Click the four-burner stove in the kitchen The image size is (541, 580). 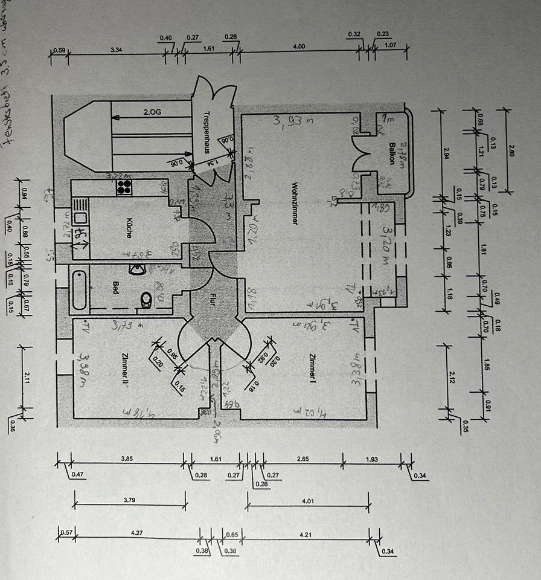tap(124, 187)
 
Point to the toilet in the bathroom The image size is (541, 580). tap(145, 299)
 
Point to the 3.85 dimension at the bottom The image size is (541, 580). tap(126, 459)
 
